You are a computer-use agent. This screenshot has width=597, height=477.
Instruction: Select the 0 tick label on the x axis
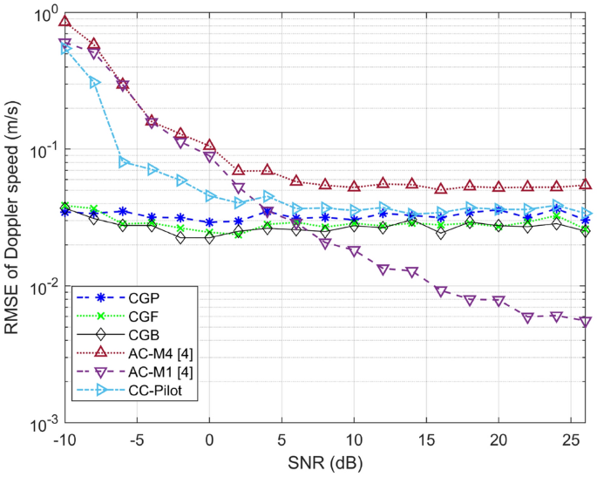click(x=209, y=442)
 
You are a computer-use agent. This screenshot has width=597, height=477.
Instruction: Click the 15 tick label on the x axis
click(x=426, y=442)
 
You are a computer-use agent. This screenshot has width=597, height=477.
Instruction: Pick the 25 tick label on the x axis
click(x=571, y=442)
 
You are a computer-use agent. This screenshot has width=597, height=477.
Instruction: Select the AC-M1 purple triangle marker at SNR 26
click(x=586, y=322)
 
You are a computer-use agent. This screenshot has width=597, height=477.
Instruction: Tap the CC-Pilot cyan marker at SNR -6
click(x=123, y=161)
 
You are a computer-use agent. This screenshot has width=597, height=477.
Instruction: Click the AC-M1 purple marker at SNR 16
click(x=441, y=291)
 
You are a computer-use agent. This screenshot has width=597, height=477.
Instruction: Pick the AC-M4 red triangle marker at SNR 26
click(x=586, y=184)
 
